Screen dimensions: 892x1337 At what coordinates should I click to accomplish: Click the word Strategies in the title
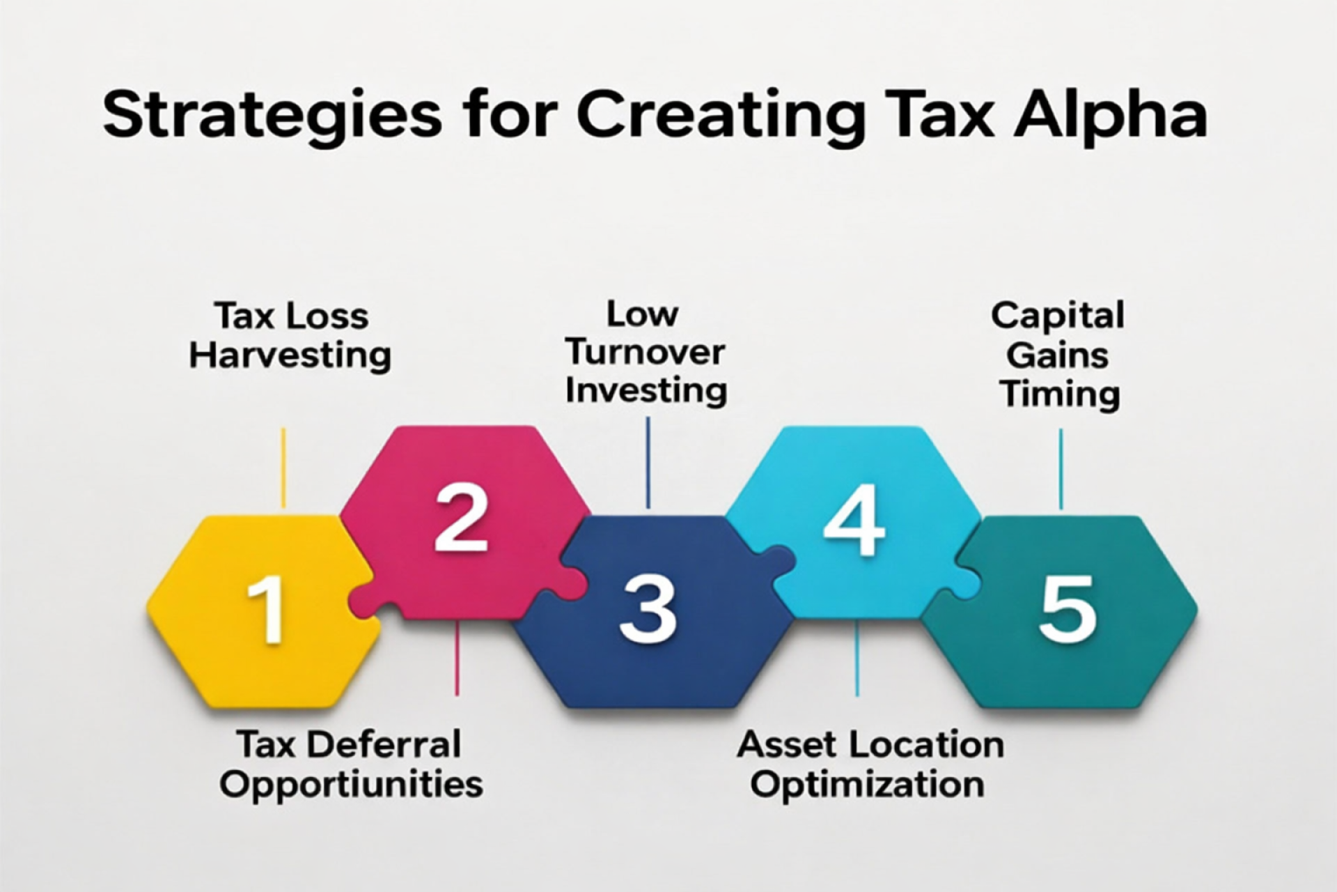272,115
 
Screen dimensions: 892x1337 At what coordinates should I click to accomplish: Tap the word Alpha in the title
1110,115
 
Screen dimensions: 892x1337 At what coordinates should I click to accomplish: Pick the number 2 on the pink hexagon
461,519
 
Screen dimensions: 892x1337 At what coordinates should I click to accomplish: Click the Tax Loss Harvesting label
290,335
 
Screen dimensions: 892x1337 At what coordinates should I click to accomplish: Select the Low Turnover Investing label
646,352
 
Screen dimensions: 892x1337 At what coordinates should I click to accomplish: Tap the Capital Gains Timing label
1058,355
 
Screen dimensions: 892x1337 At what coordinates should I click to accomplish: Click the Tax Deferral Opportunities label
351,764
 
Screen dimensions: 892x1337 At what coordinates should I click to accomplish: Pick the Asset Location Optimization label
870,764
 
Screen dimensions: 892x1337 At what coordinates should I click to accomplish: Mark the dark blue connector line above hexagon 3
648,463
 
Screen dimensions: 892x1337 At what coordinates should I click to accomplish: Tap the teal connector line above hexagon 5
1061,468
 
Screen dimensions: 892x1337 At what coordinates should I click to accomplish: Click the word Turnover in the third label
646,353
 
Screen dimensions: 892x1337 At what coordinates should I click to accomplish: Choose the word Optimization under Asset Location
867,785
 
